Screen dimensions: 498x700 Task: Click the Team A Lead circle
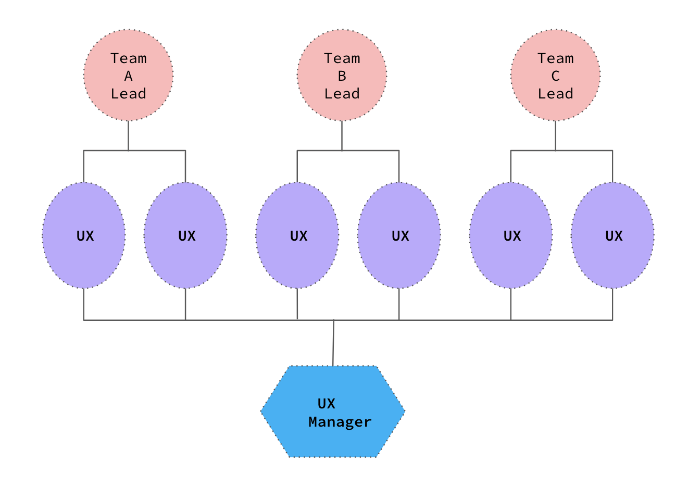coord(128,76)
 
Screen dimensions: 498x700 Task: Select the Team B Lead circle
coord(342,76)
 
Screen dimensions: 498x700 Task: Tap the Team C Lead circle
coord(555,76)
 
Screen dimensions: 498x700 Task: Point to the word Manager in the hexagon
coord(340,421)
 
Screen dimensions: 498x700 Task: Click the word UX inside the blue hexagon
coord(327,404)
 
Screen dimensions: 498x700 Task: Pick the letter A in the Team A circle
coord(128,76)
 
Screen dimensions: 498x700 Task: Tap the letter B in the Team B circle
coord(342,76)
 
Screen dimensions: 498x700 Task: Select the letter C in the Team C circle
coord(555,76)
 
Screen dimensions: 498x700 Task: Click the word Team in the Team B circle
coord(342,58)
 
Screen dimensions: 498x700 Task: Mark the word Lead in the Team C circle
coord(555,94)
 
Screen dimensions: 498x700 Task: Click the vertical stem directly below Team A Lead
coord(128,135)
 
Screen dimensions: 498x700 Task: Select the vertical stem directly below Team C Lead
coord(555,135)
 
